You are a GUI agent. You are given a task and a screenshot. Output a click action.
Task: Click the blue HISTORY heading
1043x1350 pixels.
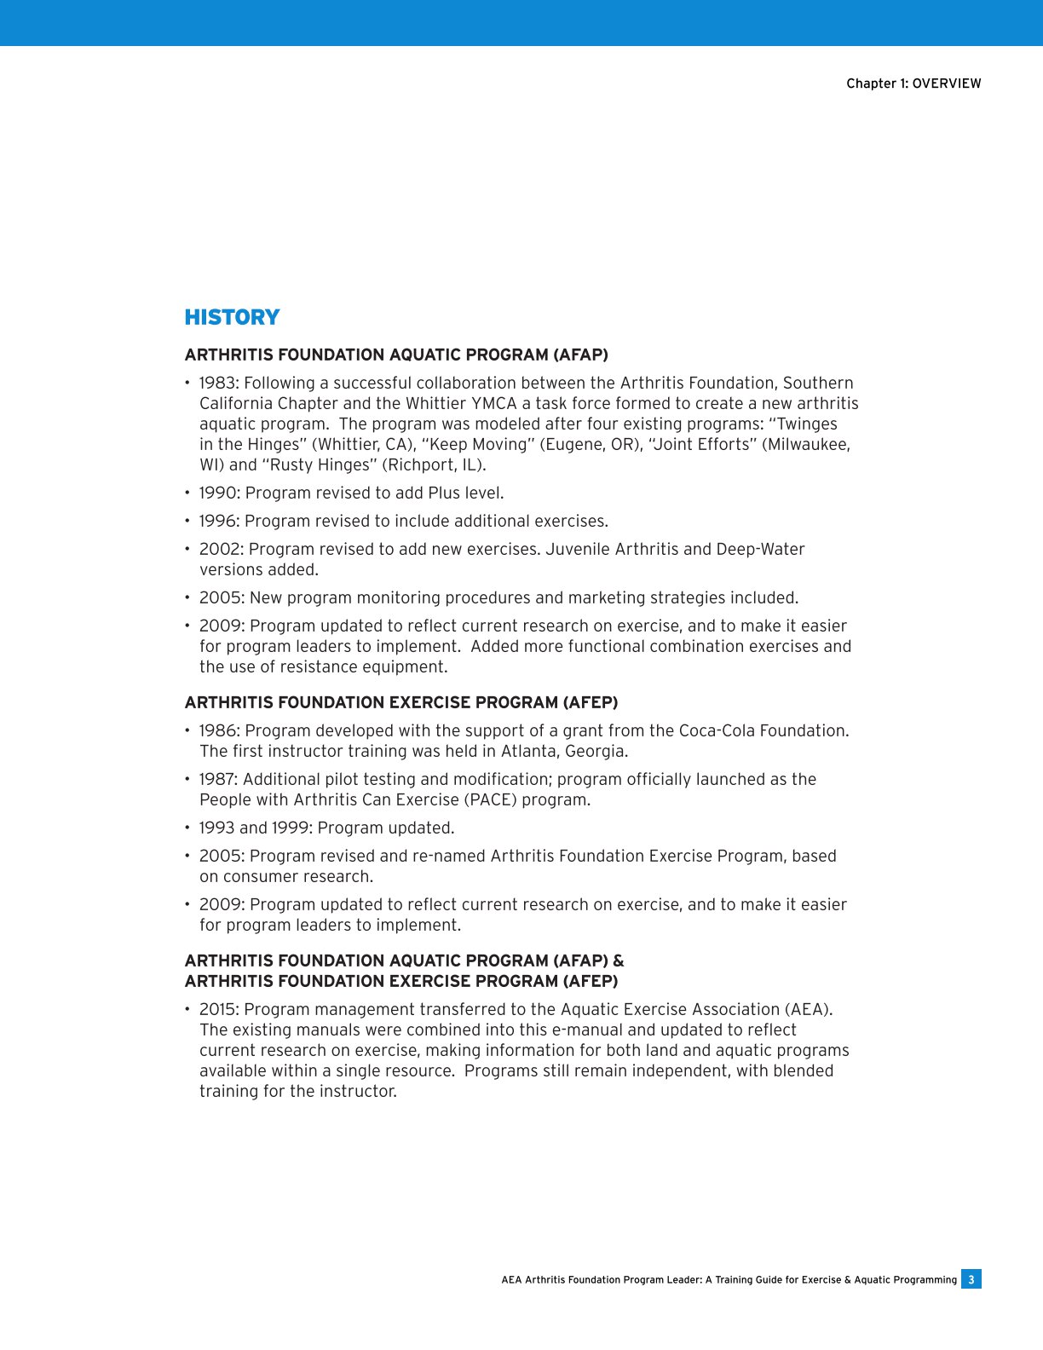click(x=232, y=317)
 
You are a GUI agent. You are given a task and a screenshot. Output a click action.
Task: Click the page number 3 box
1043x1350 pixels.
click(x=971, y=1279)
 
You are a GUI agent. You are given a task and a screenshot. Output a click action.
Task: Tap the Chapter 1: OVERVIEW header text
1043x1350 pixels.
click(x=913, y=84)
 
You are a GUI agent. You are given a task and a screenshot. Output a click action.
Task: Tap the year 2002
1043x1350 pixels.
click(x=220, y=550)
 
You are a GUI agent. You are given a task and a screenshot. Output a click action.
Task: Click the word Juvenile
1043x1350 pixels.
click(x=578, y=550)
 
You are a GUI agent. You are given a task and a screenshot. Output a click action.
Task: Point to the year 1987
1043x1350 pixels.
click(x=217, y=780)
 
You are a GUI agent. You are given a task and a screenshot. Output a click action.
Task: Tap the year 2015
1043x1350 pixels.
click(x=218, y=1010)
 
